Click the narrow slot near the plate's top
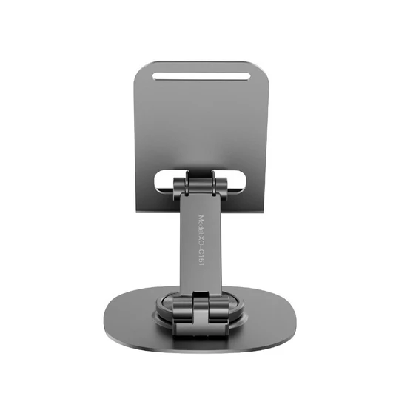pos(200,75)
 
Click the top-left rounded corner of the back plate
pos(142,66)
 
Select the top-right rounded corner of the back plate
pos(260,66)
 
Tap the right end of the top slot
pos(246,75)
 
